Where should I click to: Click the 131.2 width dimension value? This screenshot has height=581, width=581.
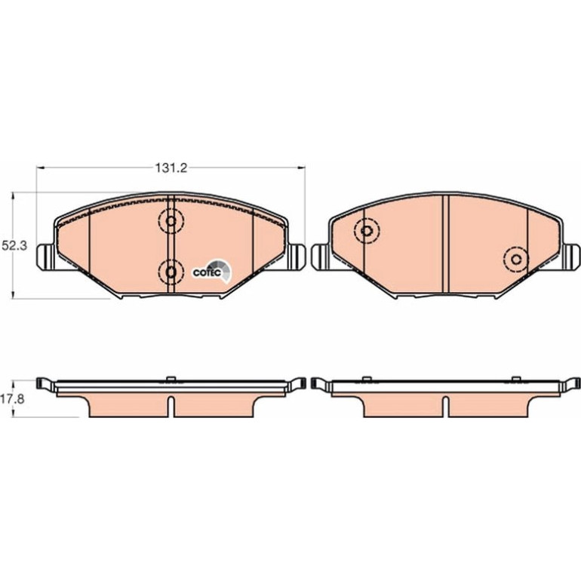coord(171,168)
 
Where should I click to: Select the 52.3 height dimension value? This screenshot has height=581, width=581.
coord(14,246)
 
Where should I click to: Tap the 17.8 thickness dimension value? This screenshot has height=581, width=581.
coord(14,399)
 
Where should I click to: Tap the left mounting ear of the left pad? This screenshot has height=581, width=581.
coord(45,257)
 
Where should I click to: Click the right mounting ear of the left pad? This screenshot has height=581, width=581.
coord(296,257)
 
